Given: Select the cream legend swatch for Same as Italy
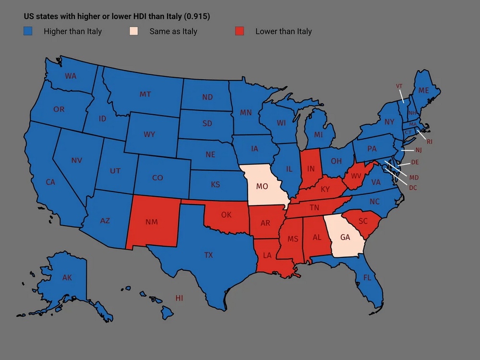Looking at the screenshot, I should tap(134, 32).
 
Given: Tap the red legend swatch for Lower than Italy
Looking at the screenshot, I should tap(240, 32).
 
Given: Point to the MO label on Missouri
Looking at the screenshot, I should tap(262, 186).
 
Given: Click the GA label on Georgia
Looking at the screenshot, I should tap(345, 237).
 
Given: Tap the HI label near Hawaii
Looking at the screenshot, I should tap(179, 298).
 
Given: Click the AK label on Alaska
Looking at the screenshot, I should tap(67, 277).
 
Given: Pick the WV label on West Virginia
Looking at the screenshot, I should tap(356, 176).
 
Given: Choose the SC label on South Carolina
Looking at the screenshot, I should tap(363, 221).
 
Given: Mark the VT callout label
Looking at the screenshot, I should tap(399, 86).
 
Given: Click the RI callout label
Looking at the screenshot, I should tap(430, 142).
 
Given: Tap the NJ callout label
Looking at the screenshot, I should tap(418, 150).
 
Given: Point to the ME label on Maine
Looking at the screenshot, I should tap(423, 90).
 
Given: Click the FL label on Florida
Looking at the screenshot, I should tap(367, 277).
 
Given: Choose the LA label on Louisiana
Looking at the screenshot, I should tap(267, 255).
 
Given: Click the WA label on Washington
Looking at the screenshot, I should tap(71, 76).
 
